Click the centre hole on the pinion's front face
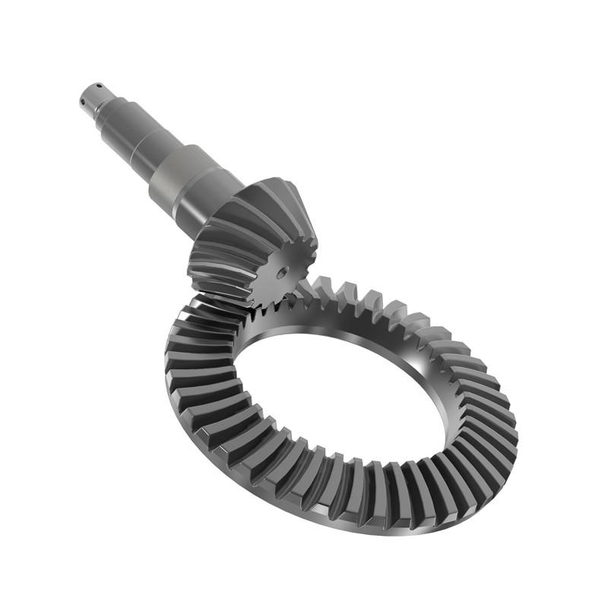[x=282, y=271]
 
